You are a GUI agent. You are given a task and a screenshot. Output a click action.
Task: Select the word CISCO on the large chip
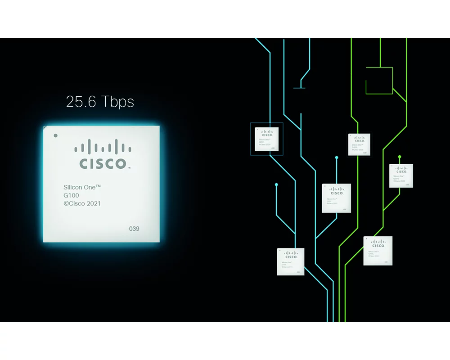[103, 163]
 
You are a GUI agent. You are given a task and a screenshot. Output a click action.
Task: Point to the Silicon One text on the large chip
[82, 186]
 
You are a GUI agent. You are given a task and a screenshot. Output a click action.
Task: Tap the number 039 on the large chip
[134, 229]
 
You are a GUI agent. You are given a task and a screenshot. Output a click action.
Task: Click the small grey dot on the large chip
[55, 135]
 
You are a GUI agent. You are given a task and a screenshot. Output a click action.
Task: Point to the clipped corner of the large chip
[45, 128]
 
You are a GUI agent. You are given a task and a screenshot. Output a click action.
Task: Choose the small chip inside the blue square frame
[267, 139]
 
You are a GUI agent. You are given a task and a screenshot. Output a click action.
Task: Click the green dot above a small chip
[400, 157]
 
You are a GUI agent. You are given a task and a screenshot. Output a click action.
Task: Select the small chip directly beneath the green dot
[401, 175]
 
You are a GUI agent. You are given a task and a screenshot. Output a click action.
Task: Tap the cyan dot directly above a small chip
[336, 157]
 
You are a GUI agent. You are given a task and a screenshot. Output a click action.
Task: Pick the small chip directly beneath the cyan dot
[336, 198]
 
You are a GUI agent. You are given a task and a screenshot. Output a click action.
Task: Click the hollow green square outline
[379, 81]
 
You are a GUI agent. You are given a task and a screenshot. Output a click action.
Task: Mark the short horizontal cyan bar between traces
[299, 88]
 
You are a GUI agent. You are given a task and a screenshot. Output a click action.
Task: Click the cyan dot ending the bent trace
[276, 184]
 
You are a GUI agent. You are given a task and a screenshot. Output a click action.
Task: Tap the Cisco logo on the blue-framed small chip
[267, 133]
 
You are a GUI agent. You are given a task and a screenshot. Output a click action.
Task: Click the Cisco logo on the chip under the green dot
[401, 170]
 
